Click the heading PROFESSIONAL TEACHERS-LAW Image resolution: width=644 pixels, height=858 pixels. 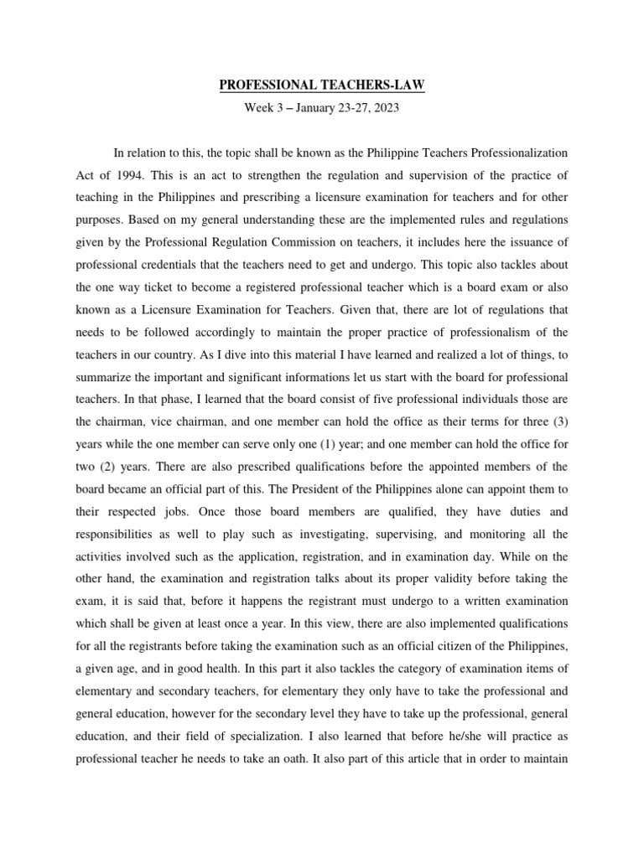point(322,85)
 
